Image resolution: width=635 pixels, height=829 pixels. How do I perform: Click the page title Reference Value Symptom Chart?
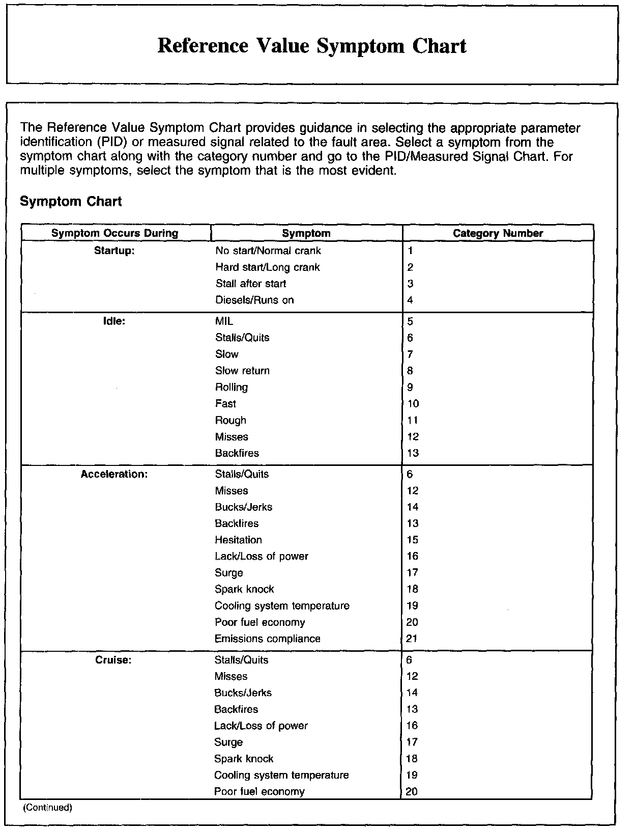pos(312,46)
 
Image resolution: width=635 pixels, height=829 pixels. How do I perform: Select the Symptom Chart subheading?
pos(71,202)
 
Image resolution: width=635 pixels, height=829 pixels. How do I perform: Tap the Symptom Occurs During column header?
pos(115,233)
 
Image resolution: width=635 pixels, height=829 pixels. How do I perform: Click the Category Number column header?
pos(498,233)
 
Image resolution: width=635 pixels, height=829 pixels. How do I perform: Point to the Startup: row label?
pos(114,251)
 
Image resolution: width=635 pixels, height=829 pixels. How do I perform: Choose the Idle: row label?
pos(114,321)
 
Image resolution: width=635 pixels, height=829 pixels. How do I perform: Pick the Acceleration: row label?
pos(114,474)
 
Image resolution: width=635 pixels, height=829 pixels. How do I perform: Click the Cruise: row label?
pos(113,660)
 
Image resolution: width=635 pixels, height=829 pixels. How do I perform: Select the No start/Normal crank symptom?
pos(268,251)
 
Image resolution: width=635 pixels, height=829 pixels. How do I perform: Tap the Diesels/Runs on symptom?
pos(254,300)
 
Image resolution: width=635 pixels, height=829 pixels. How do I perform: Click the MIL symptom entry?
pos(224,321)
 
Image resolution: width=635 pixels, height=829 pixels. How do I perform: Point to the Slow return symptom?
pos(242,371)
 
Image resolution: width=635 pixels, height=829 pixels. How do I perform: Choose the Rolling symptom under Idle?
pos(232,387)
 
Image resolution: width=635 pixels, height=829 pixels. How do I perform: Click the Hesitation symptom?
pos(238,540)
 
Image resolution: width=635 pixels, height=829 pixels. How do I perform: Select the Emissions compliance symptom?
pos(267,639)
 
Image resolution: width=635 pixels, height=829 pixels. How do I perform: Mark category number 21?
pos(412,639)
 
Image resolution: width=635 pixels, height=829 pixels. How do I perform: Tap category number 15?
pos(412,540)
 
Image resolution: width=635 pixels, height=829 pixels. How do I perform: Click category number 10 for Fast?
pos(413,404)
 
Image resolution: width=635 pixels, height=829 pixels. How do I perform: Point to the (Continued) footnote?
pos(48,808)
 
